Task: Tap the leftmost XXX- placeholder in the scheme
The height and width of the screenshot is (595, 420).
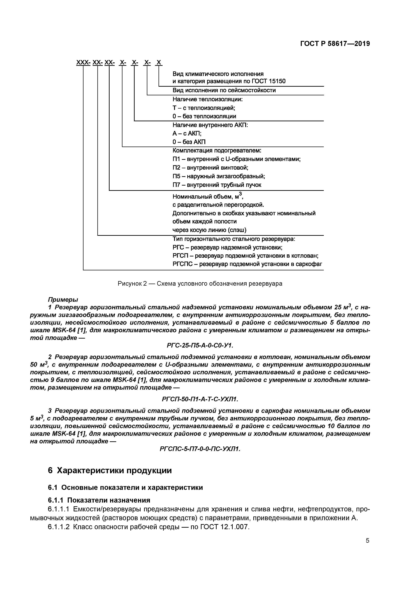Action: (x=83, y=62)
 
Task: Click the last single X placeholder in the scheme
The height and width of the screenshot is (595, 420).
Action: (x=159, y=62)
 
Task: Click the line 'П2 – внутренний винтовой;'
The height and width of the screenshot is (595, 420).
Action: (x=210, y=168)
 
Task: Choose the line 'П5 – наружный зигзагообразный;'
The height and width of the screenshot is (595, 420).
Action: (x=219, y=176)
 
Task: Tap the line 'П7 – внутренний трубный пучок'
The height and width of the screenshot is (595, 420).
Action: (x=217, y=185)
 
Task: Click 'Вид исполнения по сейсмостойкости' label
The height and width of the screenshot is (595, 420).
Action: (x=224, y=90)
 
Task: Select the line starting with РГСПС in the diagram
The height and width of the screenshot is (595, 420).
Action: (x=247, y=264)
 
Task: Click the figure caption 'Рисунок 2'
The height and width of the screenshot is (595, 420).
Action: (x=200, y=283)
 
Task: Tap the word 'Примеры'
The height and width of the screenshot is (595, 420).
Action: (x=63, y=300)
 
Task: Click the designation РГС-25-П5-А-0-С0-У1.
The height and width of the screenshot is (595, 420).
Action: (x=200, y=346)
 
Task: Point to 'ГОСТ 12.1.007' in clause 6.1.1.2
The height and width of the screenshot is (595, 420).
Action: (x=224, y=527)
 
